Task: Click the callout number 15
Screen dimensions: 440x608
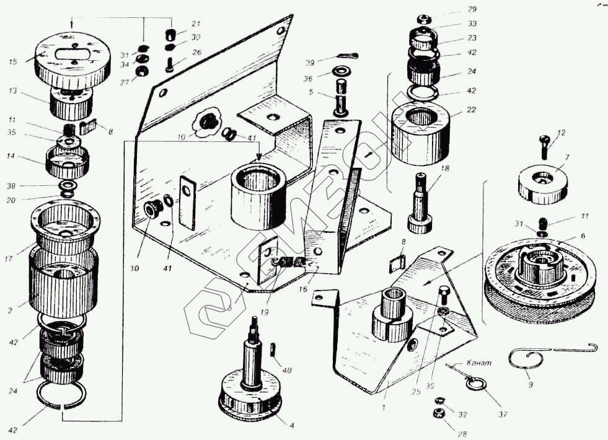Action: click(12, 61)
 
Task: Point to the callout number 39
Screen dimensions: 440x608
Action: click(311, 63)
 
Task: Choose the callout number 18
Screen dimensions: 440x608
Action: click(445, 169)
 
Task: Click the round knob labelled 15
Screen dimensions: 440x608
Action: click(73, 57)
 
